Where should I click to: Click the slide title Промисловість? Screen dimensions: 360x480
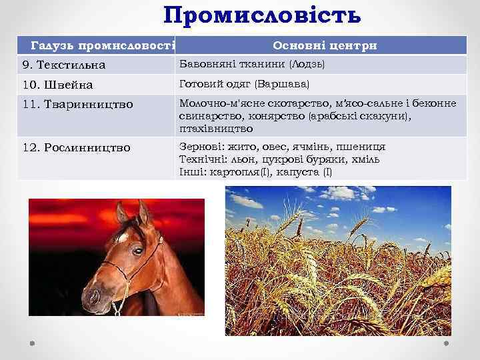point(262,15)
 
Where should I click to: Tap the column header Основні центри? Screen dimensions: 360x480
point(325,45)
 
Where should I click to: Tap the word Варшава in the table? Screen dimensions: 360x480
point(287,84)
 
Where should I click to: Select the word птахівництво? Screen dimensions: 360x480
point(215,127)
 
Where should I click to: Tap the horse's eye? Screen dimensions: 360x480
point(137,251)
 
